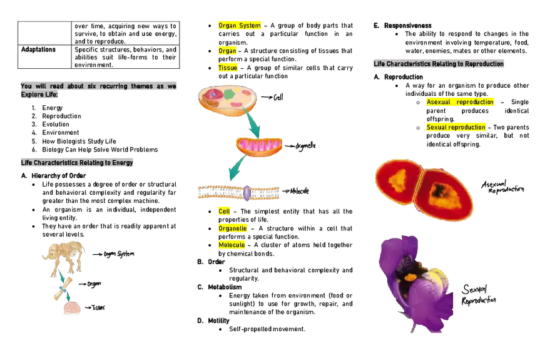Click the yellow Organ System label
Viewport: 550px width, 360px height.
coord(240,26)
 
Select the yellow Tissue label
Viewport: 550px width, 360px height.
coord(228,68)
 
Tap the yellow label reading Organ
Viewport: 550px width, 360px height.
coord(228,51)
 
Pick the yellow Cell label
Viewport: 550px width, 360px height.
coord(223,212)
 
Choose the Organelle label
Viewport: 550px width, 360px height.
coord(233,229)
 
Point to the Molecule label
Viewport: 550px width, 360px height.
coord(232,245)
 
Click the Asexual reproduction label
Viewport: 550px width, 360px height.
coord(459,102)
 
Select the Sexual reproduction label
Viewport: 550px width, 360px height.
coord(456,128)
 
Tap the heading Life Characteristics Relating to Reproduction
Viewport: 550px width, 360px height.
coord(438,64)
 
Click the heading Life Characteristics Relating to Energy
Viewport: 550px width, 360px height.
coord(75,163)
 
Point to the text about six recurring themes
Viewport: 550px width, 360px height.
coord(98,90)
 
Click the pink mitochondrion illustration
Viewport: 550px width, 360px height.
coord(260,147)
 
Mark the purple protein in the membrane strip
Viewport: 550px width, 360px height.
coord(247,193)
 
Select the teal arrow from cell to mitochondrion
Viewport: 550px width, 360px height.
coord(252,124)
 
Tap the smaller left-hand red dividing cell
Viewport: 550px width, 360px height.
coord(397,180)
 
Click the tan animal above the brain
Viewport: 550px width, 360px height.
coord(63,257)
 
